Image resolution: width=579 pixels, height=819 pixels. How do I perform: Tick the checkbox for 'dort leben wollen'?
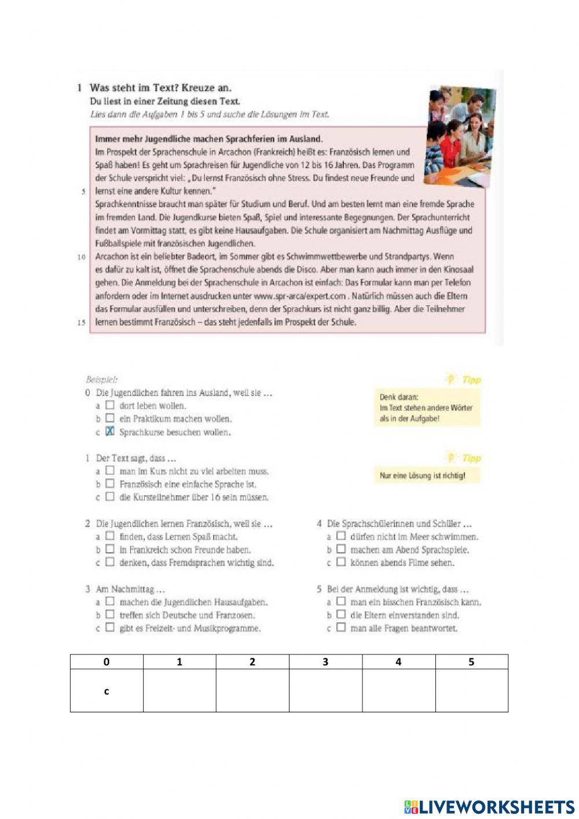click(110, 406)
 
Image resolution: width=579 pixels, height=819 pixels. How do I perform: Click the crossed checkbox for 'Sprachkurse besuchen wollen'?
click(110, 432)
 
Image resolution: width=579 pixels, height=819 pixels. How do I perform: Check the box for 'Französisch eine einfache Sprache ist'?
click(110, 484)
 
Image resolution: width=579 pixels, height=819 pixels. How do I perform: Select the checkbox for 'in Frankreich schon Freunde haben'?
click(110, 549)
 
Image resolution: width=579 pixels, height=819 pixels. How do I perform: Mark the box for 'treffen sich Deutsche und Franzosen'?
click(110, 615)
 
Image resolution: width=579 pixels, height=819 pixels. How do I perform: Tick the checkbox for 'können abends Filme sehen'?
click(341, 562)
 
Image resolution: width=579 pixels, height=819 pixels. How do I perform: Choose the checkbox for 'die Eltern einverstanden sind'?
click(341, 615)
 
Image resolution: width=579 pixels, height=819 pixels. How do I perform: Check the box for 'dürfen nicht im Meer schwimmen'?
click(341, 537)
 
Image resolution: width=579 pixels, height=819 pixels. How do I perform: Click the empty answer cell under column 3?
click(325, 690)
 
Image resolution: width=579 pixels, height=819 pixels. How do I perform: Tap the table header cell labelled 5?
click(471, 662)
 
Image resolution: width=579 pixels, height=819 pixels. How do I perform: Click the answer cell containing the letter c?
click(107, 690)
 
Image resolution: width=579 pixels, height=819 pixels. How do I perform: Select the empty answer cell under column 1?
click(179, 690)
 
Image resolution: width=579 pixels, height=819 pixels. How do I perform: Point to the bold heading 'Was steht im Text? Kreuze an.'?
click(160, 88)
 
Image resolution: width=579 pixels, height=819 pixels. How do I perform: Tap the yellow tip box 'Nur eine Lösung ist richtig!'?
click(422, 475)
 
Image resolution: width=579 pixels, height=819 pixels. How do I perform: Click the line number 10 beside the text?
click(82, 257)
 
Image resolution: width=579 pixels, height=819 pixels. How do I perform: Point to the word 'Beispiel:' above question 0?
click(101, 380)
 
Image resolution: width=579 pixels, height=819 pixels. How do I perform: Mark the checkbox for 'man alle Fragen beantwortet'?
click(341, 628)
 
